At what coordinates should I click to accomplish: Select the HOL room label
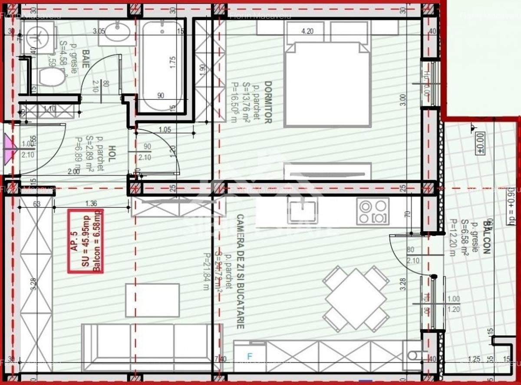[x=111, y=154]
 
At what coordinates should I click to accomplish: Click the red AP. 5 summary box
[x=85, y=241]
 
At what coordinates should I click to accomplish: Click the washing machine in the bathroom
[x=40, y=37]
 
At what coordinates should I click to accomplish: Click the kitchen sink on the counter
[x=302, y=211]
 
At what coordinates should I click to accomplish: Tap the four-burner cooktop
[x=373, y=211]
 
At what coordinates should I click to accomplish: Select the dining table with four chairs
[x=356, y=299]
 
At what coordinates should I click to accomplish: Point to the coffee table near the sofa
[x=152, y=300]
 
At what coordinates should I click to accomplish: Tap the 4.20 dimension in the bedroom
[x=307, y=31]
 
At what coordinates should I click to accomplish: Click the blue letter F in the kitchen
[x=250, y=356]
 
